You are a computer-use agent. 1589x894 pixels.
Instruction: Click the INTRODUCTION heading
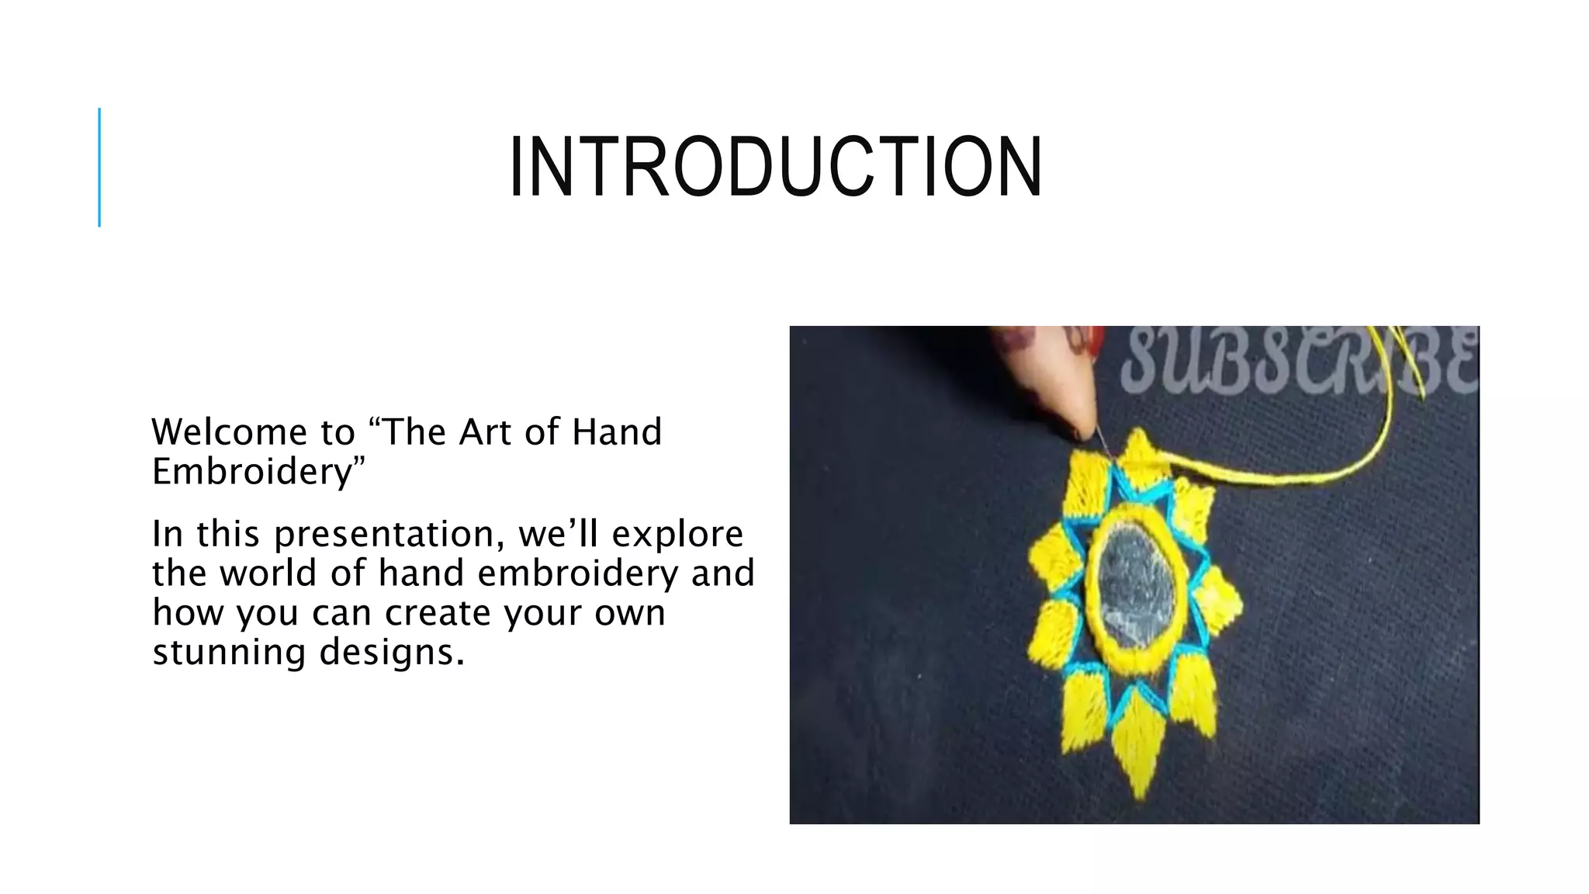[x=776, y=168]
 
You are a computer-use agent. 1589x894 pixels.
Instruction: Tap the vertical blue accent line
[x=99, y=167]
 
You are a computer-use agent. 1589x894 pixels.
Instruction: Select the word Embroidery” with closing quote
[x=258, y=472]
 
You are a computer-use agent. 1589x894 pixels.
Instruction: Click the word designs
[x=392, y=652]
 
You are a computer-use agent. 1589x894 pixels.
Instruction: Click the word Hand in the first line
[x=617, y=432]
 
